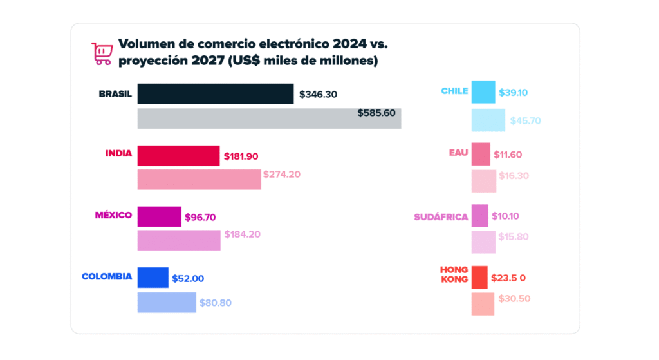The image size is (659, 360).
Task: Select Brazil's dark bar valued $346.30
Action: point(216,94)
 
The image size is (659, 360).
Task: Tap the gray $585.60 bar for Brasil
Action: point(269,118)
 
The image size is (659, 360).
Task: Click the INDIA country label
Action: point(119,153)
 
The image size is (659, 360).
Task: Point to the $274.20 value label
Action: point(282,174)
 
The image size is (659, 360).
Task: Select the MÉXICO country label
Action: point(114,215)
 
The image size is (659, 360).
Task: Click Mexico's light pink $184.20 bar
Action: point(179,240)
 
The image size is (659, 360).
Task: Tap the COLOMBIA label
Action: point(107,277)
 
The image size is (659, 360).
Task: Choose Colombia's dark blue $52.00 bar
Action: point(153,278)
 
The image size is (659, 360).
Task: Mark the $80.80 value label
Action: point(216,301)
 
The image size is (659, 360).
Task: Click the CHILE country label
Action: point(454,91)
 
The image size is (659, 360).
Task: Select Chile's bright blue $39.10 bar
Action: point(483,92)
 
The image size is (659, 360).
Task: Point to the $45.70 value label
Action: point(526,120)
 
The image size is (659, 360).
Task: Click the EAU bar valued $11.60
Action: point(481,155)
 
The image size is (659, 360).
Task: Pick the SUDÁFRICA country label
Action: point(441,217)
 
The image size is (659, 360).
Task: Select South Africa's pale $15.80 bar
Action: point(483,242)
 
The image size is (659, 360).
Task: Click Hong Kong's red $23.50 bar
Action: point(479,278)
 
